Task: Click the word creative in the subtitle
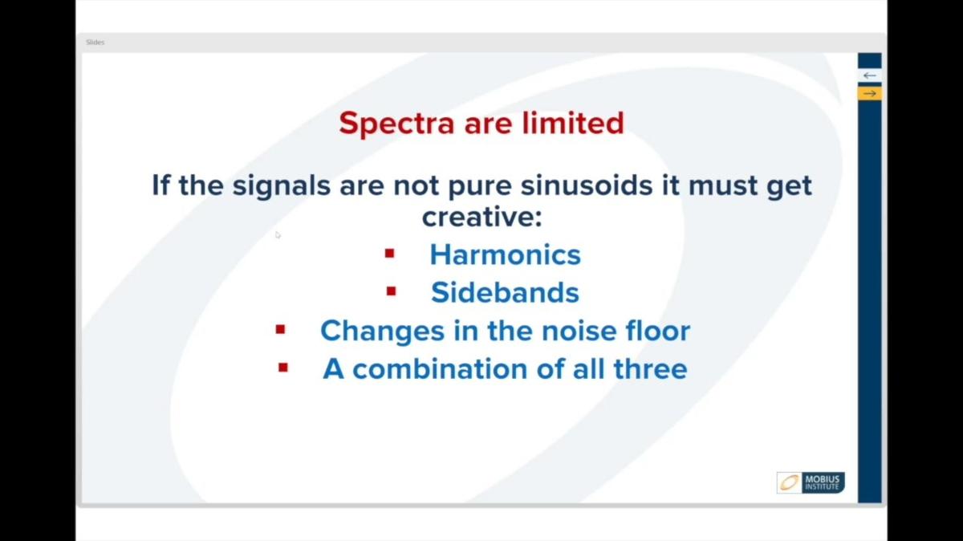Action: (479, 217)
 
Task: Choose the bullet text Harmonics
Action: (505, 254)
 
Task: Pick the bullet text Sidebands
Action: (505, 292)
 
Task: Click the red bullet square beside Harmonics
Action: (390, 254)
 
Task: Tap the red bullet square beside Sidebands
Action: (391, 291)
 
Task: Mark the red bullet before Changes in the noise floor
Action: (280, 329)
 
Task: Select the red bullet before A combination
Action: (282, 368)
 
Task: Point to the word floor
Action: (656, 331)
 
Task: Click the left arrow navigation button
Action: (869, 75)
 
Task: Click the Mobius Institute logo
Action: (811, 482)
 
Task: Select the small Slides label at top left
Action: (95, 42)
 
